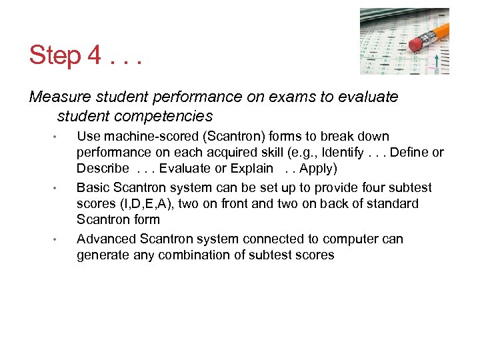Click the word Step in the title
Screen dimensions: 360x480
click(55, 55)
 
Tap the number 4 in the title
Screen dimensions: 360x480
click(94, 55)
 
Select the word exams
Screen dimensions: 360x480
click(292, 97)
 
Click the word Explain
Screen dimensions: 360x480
click(251, 168)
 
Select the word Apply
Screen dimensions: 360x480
click(316, 168)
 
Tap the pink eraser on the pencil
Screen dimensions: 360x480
click(417, 45)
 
